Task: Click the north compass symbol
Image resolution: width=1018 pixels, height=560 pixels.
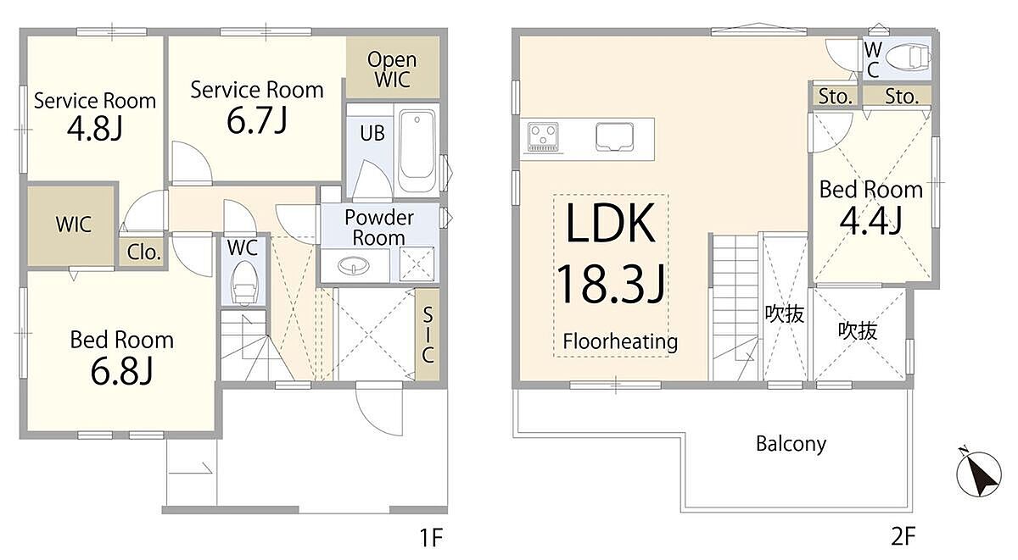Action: [978, 474]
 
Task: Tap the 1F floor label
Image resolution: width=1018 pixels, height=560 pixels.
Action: [430, 538]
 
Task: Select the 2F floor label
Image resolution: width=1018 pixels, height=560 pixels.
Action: [903, 536]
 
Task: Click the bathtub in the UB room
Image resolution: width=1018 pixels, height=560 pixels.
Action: [417, 150]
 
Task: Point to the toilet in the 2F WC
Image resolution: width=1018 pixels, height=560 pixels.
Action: [908, 58]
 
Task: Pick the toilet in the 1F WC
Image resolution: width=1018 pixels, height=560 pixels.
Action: [244, 283]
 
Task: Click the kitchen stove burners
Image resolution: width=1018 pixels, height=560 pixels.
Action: [543, 136]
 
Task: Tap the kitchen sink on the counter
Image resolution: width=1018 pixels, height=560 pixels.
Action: [614, 136]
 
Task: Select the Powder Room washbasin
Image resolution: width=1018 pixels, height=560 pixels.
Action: [354, 265]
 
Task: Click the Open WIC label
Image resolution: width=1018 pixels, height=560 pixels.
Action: [392, 69]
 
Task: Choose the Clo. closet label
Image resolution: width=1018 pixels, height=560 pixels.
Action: [144, 252]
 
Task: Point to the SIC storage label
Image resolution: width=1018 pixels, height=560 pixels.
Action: [428, 334]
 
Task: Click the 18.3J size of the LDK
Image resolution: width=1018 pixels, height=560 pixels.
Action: [611, 284]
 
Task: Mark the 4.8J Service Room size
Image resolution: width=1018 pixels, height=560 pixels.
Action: [95, 129]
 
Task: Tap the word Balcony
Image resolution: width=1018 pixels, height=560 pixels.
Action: [791, 444]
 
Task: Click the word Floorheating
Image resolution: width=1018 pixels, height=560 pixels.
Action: [620, 341]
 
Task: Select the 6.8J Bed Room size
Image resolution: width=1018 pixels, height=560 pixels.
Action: [122, 370]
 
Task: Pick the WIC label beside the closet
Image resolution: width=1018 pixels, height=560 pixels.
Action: [74, 225]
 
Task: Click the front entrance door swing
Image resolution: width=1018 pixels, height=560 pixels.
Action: [379, 408]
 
